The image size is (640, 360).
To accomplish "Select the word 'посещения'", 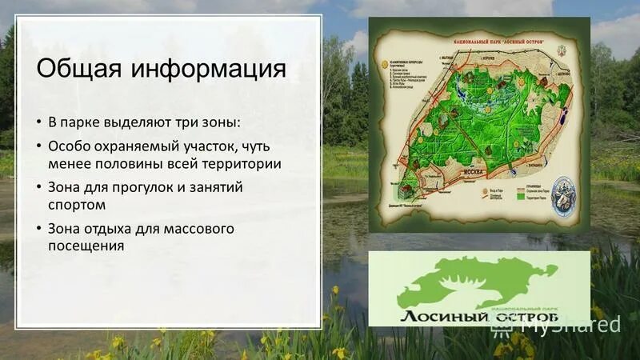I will [x=86, y=246].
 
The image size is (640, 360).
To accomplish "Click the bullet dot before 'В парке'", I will [x=38, y=122].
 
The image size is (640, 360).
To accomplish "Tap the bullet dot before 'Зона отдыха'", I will [x=38, y=229].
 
